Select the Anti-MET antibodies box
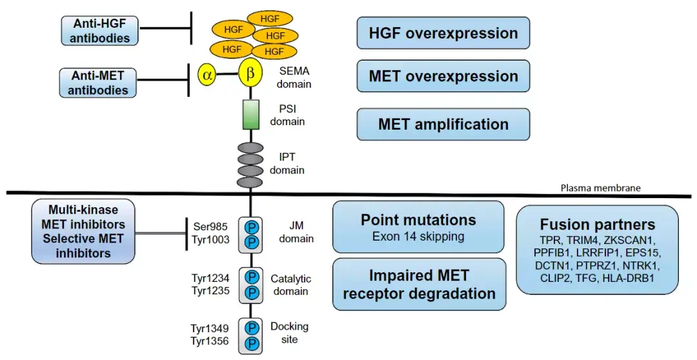coord(98,83)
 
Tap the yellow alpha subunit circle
coord(207,75)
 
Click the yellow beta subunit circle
coord(250,74)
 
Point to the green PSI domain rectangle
coord(250,114)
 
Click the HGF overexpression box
coord(443,34)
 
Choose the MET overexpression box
coord(443,77)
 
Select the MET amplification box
coord(443,124)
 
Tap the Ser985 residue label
coord(210,226)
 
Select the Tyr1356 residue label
coord(210,341)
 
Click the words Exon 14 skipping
coord(418,236)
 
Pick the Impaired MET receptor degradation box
coord(418,285)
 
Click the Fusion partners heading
coord(598,225)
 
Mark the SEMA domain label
coord(296,77)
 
